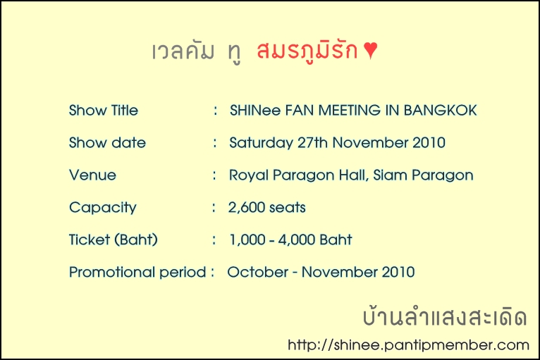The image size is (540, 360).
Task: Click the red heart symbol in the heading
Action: point(371,50)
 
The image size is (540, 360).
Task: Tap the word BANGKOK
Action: point(440,111)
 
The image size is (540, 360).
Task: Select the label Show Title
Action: point(104,111)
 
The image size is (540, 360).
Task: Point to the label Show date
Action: point(107,143)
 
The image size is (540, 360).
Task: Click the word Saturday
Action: point(261,143)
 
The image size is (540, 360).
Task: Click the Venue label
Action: point(92,175)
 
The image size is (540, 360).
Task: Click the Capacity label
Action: point(103,208)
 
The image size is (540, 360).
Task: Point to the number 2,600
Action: point(246,208)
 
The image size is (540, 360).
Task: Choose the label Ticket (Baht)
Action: point(113,240)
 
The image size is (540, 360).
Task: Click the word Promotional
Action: point(112,272)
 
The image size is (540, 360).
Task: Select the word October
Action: point(257,272)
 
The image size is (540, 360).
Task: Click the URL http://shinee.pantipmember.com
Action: point(408,345)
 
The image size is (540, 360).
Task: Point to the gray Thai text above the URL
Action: point(445,316)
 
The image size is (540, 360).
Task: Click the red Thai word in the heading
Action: point(307,51)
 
